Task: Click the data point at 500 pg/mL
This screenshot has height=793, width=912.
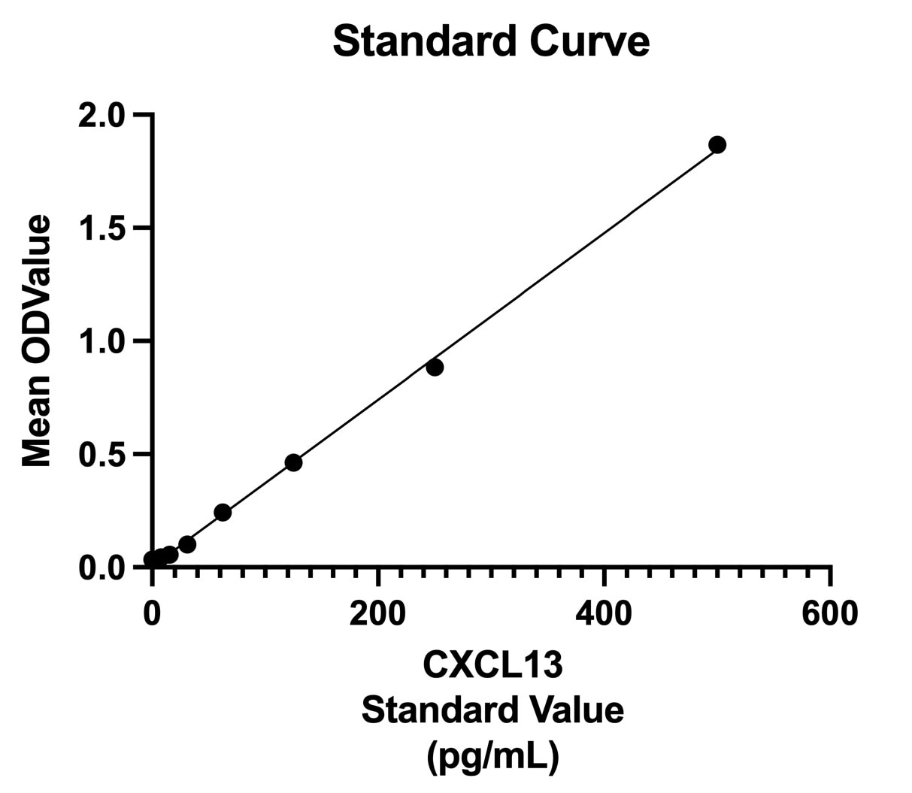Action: [x=717, y=144]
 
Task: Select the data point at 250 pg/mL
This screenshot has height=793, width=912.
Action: [x=435, y=368]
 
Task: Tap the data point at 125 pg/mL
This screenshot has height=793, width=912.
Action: [x=294, y=463]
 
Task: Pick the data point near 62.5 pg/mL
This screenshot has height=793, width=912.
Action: [x=223, y=513]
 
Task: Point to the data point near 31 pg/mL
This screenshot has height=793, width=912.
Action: [x=187, y=544]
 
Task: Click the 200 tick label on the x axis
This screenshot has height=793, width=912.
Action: [x=377, y=613]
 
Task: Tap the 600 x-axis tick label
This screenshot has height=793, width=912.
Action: [x=829, y=613]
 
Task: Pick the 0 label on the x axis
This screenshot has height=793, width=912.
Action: [x=152, y=613]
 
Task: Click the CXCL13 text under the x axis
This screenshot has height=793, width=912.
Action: [x=492, y=664]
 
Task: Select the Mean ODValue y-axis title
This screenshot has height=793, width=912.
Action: [x=36, y=341]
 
